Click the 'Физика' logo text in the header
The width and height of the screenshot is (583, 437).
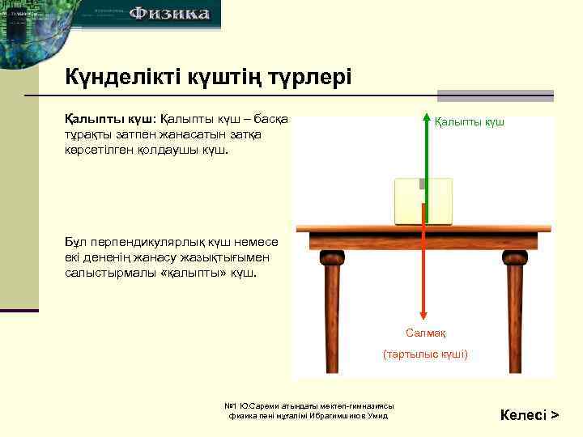[x=169, y=14]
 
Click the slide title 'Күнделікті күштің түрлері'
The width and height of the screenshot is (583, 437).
[x=208, y=78]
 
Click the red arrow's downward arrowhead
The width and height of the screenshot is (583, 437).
[x=422, y=317]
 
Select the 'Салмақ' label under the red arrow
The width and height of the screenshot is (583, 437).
[x=426, y=333]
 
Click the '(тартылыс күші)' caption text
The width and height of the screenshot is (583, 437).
[x=425, y=354]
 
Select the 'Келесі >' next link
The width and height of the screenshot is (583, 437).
[x=530, y=415]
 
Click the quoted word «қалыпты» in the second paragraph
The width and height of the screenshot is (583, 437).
[x=193, y=273]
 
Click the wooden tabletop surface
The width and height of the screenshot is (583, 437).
[x=417, y=238]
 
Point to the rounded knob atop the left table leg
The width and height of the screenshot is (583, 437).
[x=332, y=258]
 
